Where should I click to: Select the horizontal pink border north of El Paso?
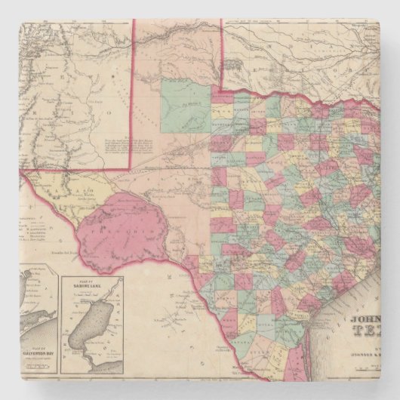click(x=75, y=170)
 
